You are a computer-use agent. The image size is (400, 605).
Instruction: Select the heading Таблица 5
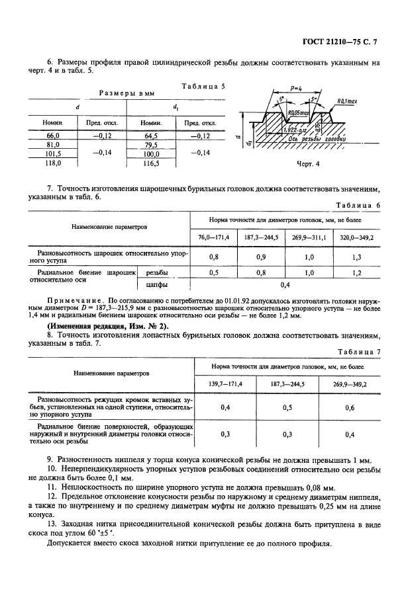pos(203,86)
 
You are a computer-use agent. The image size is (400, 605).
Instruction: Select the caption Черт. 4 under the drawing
pos(307,163)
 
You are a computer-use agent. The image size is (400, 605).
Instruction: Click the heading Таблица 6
pos(358,205)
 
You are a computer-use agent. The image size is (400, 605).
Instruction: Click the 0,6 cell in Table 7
pos(348,408)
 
